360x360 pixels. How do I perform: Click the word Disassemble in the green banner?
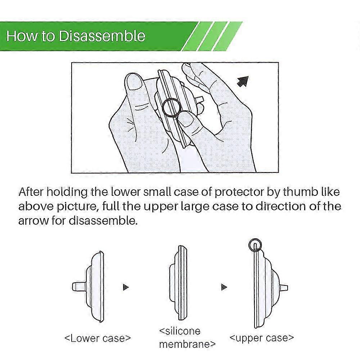point(102,36)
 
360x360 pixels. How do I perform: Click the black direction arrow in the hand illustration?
point(243,81)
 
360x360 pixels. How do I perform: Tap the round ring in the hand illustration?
point(171,108)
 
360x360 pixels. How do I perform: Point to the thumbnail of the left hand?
point(134,81)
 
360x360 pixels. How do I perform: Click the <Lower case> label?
point(98,338)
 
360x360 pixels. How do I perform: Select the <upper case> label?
point(262,338)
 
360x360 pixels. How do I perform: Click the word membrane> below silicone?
point(187,344)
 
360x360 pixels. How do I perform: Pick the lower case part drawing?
point(88,287)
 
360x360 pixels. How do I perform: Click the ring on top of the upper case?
point(255,245)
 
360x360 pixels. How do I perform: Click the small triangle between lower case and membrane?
point(126,287)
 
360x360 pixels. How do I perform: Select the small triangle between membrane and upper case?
point(224,287)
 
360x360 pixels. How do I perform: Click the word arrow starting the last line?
point(33,221)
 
